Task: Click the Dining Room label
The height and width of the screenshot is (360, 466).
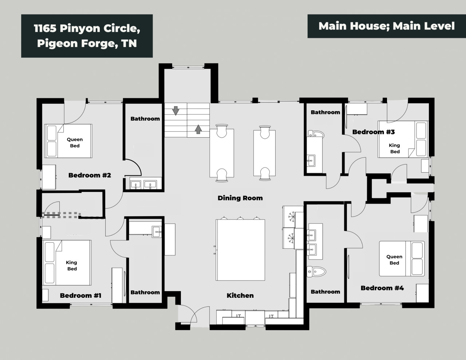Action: pos(240,198)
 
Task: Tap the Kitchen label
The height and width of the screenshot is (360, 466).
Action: pos(240,296)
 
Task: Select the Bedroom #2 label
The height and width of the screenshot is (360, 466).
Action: pos(90,175)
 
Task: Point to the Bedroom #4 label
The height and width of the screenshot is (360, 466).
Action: pos(382,288)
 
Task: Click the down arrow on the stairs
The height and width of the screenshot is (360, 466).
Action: pos(175,111)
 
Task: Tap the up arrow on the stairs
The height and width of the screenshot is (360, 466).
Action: pos(198,129)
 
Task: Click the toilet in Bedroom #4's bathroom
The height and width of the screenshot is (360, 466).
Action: pos(316,272)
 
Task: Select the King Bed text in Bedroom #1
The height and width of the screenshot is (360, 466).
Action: pos(72,265)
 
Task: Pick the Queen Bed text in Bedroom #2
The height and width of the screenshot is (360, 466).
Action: pos(75,143)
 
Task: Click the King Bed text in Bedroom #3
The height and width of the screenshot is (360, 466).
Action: pos(395,149)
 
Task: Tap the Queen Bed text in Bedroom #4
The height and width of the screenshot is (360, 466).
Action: pos(394,260)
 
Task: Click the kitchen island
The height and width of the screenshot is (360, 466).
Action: pos(240,250)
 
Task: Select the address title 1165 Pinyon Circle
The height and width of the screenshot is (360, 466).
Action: pos(87,28)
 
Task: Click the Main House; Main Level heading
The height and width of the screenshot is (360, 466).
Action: pos(386,26)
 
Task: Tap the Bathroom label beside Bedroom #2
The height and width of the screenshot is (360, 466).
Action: pos(145,119)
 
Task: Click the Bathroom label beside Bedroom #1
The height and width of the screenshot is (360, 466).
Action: pos(145,292)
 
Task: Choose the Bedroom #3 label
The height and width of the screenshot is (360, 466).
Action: pos(374,132)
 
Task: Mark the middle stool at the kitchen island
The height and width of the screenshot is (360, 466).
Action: pos(240,218)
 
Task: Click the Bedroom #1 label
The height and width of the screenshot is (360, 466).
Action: pos(80,296)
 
